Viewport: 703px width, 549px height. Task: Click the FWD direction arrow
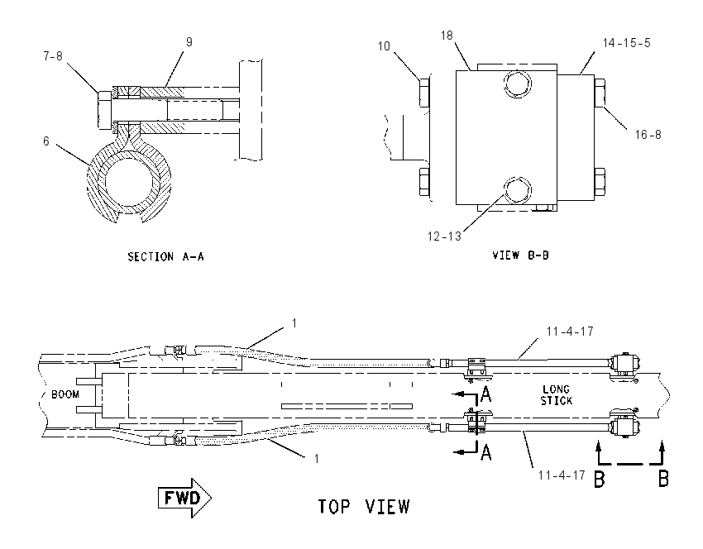click(x=184, y=498)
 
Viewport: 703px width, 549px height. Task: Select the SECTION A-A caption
click(x=166, y=257)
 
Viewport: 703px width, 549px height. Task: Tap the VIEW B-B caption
click(x=520, y=255)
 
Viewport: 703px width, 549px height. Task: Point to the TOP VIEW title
click(x=364, y=507)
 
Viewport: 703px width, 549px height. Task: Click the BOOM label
click(x=65, y=394)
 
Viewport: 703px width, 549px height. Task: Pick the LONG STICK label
click(x=557, y=395)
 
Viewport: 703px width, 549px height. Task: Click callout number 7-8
click(x=53, y=56)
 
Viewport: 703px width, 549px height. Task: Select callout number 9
click(x=189, y=41)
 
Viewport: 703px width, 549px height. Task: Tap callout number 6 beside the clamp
click(x=46, y=141)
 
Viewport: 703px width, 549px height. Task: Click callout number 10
click(x=384, y=46)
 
